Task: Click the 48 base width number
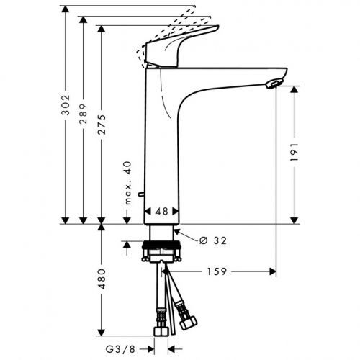pyautogui.click(x=161, y=212)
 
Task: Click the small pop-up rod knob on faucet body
pyautogui.click(x=140, y=194)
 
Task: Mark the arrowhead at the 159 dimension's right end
pyautogui.click(x=273, y=272)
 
